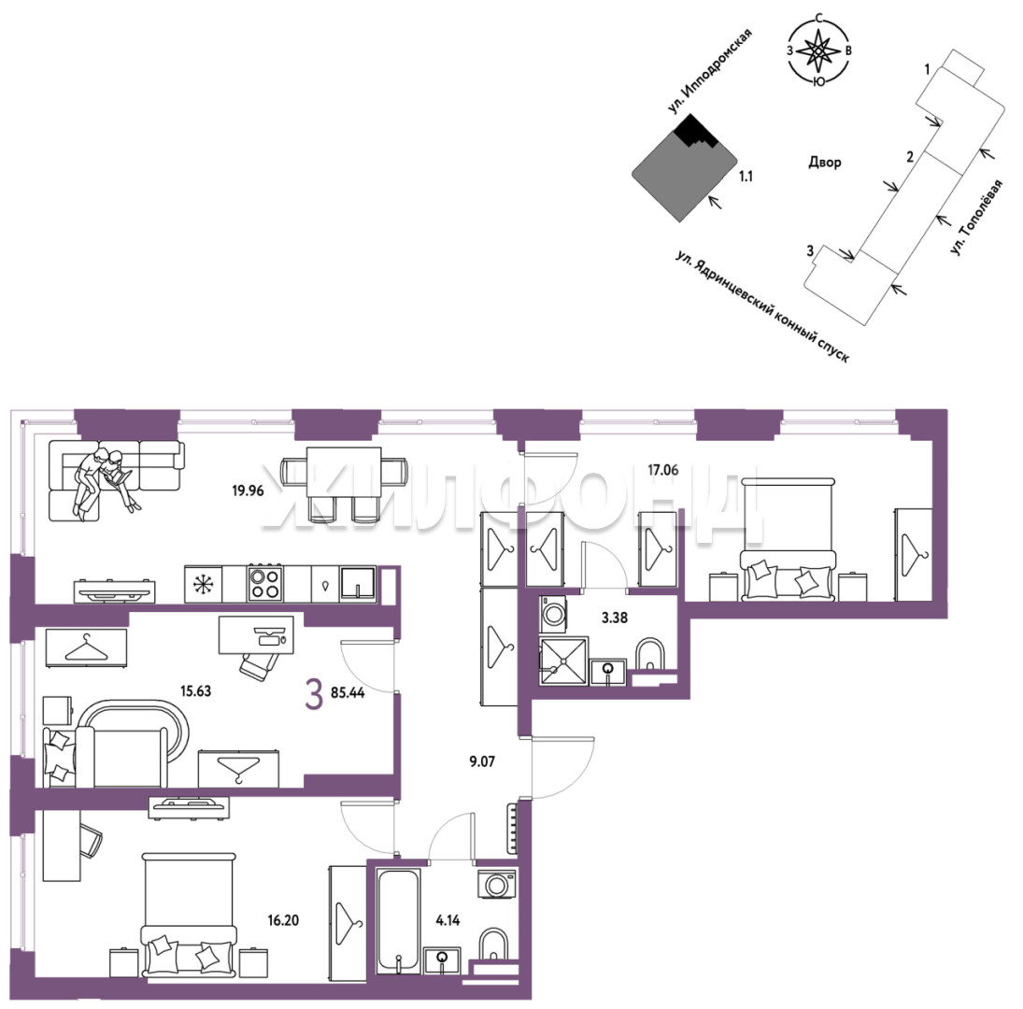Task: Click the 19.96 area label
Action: click(248, 490)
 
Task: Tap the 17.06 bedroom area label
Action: click(663, 470)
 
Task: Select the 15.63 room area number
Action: click(196, 690)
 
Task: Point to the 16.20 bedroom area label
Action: click(283, 920)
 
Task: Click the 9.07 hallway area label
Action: click(482, 761)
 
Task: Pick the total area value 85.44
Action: click(348, 692)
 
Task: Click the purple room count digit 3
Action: click(315, 693)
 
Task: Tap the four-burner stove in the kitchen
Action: click(265, 584)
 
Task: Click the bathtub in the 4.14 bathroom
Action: click(398, 921)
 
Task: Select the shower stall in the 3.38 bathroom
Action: click(563, 661)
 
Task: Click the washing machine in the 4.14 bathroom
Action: click(497, 885)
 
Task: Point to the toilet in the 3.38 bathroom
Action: click(649, 654)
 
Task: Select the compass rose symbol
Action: click(819, 50)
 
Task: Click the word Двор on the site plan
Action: click(825, 162)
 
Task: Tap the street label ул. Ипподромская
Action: click(710, 70)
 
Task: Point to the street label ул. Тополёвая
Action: click(976, 217)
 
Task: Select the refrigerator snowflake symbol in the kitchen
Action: click(203, 584)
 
